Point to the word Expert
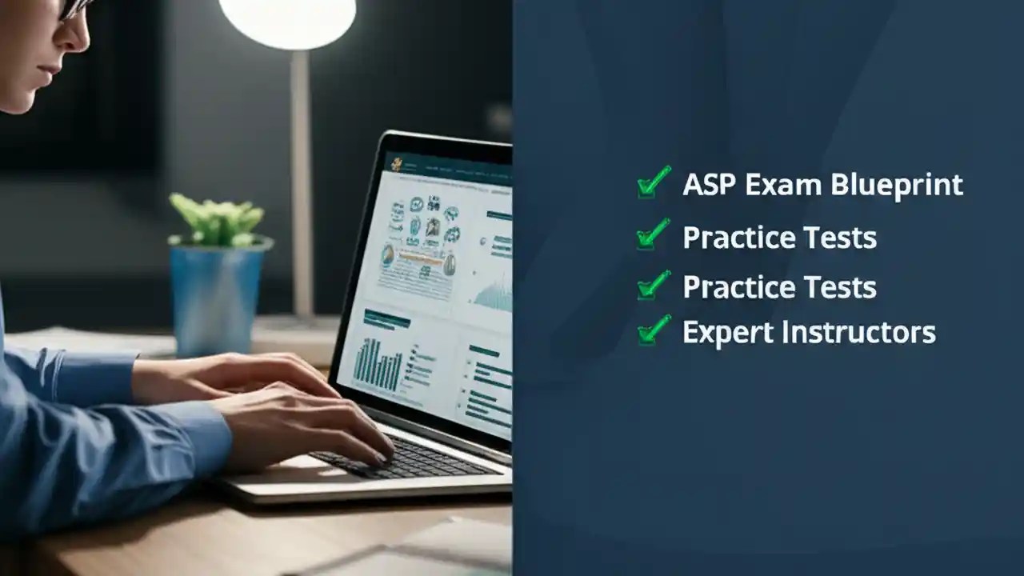pyautogui.click(x=726, y=332)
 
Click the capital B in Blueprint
pyautogui.click(x=839, y=185)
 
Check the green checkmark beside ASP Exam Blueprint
pyautogui.click(x=654, y=182)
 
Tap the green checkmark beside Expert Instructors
pyautogui.click(x=654, y=330)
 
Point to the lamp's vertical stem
pyautogui.click(x=301, y=184)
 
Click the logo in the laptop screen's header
pyautogui.click(x=394, y=163)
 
